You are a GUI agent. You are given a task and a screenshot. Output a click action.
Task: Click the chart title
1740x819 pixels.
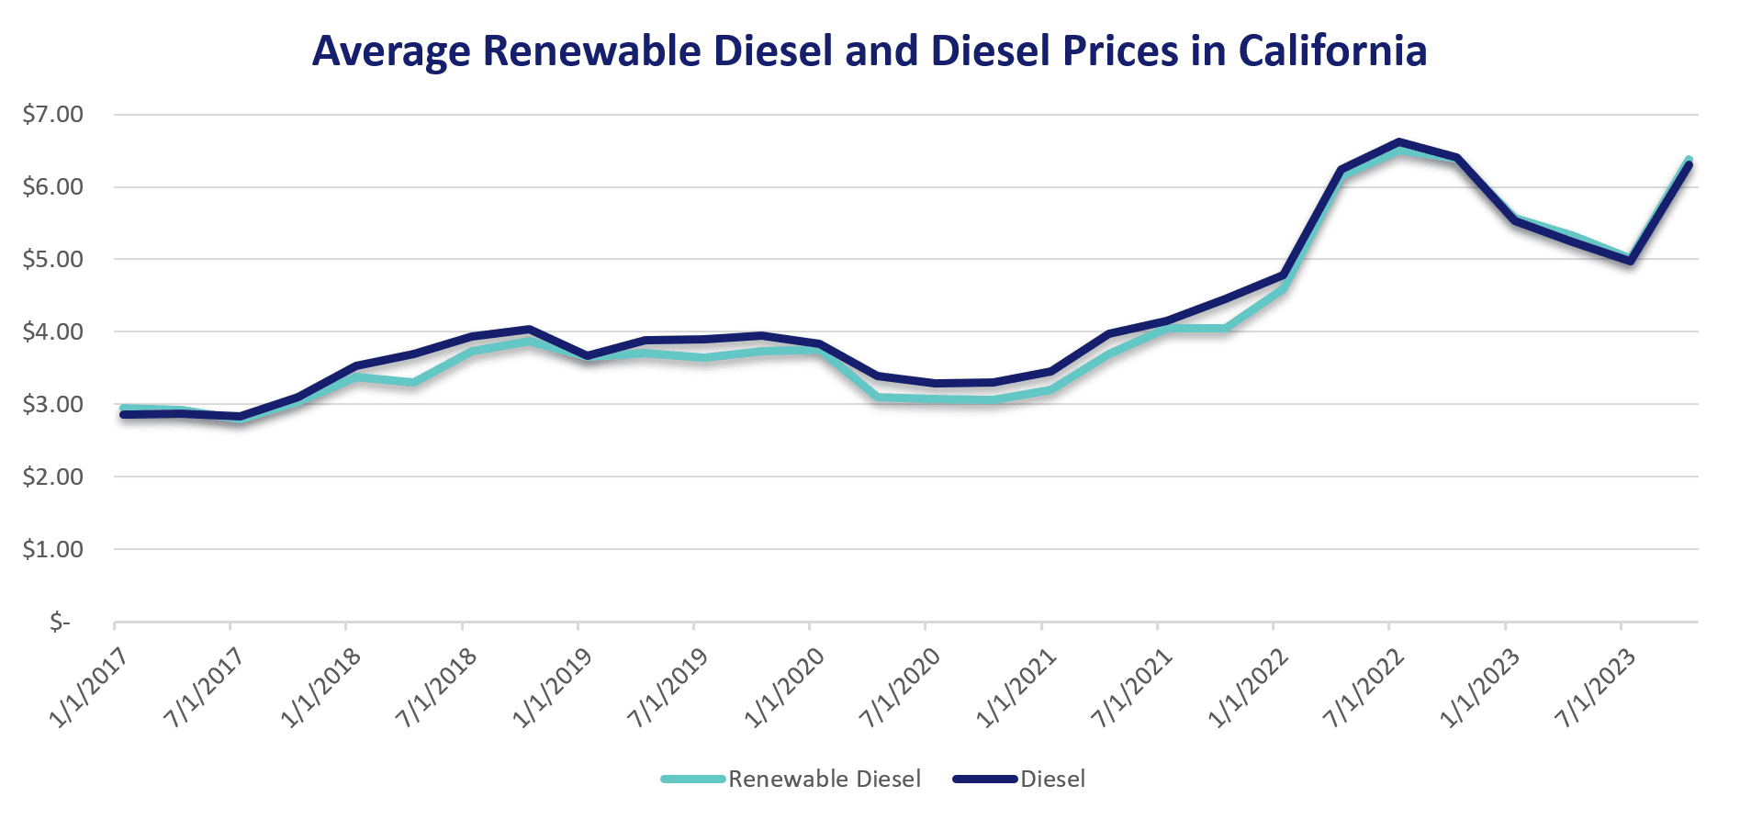point(869,50)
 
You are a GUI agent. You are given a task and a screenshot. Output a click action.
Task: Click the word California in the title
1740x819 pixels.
point(1332,50)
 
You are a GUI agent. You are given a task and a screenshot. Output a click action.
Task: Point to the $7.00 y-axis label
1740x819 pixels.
point(53,115)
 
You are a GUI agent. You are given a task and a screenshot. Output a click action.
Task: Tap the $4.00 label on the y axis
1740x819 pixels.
point(53,331)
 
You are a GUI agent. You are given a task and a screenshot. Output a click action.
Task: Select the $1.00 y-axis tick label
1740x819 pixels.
point(53,549)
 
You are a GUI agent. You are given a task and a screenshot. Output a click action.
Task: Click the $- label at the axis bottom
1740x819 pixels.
point(60,623)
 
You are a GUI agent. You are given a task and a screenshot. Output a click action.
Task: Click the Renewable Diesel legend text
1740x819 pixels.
point(824,780)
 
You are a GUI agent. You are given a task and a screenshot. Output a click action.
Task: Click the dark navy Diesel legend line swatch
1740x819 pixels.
point(985,780)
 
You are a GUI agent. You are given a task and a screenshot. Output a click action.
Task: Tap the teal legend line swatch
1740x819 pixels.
point(693,780)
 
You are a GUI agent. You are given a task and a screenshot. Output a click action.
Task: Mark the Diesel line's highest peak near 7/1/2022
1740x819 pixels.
point(1398,143)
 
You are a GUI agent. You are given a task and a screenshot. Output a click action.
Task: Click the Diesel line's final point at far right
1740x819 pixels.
point(1689,164)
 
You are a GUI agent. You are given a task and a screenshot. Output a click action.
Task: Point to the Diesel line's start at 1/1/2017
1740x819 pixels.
point(123,414)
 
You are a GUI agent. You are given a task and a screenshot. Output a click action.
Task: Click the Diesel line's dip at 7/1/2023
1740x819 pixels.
point(1630,261)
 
